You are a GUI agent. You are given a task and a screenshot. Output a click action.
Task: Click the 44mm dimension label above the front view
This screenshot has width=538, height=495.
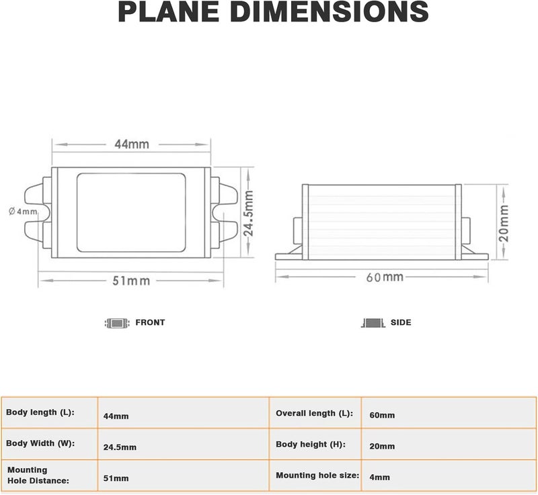click(132, 144)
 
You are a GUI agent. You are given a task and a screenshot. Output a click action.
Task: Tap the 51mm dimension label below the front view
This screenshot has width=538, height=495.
click(131, 281)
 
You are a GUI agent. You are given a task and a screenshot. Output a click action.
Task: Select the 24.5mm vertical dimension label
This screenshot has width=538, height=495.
click(248, 214)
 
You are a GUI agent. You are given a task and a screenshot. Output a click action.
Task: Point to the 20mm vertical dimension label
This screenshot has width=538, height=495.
click(503, 224)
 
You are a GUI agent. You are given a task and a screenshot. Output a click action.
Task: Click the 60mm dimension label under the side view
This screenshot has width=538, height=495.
click(385, 277)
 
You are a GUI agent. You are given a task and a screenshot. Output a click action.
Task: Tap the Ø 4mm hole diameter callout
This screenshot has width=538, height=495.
click(23, 212)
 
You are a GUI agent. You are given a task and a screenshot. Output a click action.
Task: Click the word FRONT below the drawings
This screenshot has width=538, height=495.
click(150, 322)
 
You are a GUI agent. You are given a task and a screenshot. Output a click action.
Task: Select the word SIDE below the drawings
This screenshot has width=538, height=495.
click(401, 322)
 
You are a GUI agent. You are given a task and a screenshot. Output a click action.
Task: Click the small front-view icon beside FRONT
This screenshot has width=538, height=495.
click(117, 323)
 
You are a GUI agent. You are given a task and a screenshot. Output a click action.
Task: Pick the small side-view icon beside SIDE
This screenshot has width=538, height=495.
click(373, 322)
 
